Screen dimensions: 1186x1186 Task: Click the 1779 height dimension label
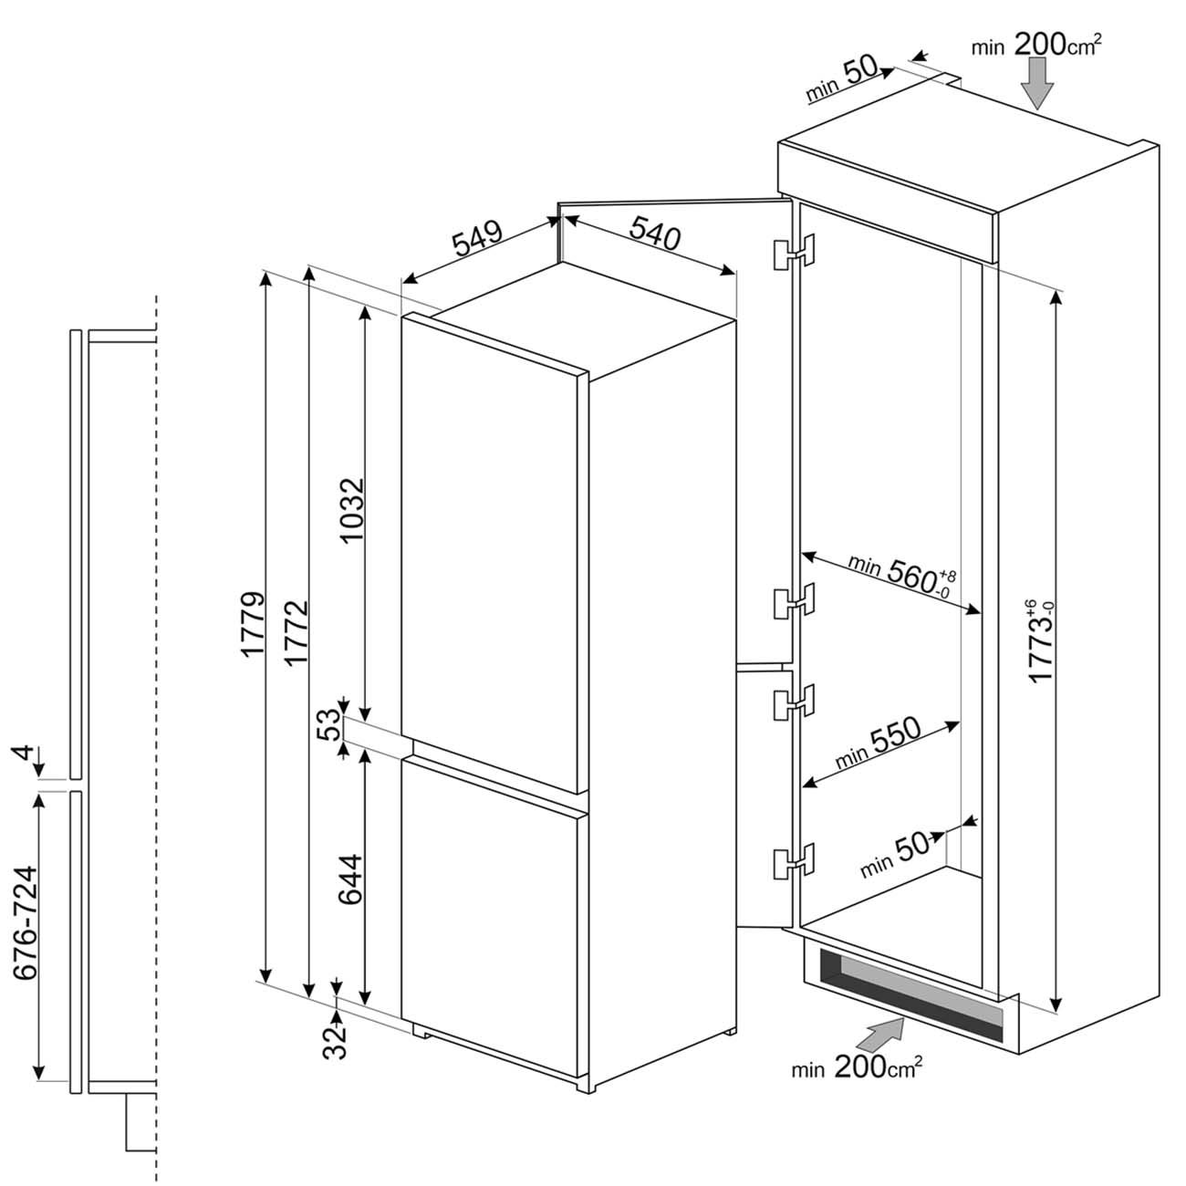coord(253,625)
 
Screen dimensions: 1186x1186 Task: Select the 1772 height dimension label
coord(296,633)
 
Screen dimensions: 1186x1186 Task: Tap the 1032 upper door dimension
coord(353,510)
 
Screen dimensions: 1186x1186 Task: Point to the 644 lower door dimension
coord(352,879)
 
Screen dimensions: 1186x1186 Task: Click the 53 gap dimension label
coord(330,724)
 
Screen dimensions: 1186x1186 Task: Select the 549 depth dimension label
coord(478,237)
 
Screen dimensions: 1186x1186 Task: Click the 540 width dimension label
coord(655,232)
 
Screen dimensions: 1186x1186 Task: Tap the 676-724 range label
coord(26,923)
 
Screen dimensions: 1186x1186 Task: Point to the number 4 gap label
coord(22,753)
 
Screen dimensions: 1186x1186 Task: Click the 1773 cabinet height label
coord(1041,640)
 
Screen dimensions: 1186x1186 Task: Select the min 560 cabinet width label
coord(902,577)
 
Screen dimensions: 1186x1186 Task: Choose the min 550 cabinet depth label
coord(878,743)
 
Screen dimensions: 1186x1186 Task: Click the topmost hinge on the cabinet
coord(794,252)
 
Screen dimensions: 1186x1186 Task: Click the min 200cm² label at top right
coord(1036,45)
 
